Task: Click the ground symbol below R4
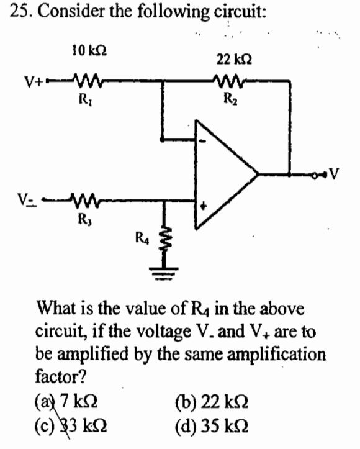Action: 165,268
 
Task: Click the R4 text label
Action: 142,235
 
